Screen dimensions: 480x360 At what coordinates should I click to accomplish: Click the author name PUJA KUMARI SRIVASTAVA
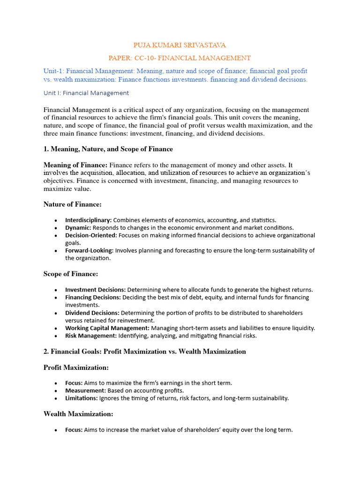[x=180, y=45]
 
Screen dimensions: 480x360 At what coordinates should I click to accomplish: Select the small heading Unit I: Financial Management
[x=86, y=93]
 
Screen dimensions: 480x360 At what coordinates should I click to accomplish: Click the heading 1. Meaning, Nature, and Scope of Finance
[x=108, y=149]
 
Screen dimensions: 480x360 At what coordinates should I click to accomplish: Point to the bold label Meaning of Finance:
[x=75, y=165]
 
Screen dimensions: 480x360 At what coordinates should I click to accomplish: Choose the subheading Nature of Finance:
[x=73, y=204]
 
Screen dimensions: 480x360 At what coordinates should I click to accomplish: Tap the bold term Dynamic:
[x=78, y=227]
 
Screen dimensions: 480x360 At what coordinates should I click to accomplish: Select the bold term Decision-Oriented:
[x=91, y=235]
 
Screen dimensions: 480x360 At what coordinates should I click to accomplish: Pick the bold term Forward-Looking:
[x=90, y=250]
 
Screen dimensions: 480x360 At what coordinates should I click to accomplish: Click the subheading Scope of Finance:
[x=71, y=274]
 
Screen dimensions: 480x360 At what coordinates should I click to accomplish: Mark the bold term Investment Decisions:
[x=95, y=290]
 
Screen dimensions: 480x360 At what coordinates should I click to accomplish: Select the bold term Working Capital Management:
[x=107, y=328]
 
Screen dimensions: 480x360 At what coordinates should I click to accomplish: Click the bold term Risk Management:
[x=91, y=336]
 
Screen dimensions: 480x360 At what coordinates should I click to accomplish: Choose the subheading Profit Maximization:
[x=76, y=367]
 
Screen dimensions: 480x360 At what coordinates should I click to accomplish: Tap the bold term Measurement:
[x=85, y=390]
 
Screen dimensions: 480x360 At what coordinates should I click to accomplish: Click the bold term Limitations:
[x=82, y=398]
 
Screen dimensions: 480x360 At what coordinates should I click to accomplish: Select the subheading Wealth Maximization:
[x=78, y=414]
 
